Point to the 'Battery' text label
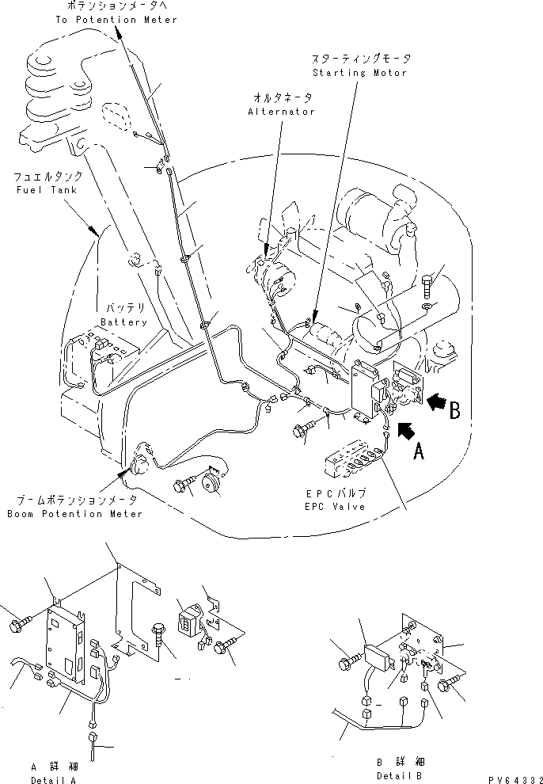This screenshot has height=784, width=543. (x=123, y=322)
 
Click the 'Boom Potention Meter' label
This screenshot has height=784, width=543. (x=76, y=514)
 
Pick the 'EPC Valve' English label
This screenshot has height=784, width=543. (x=338, y=506)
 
